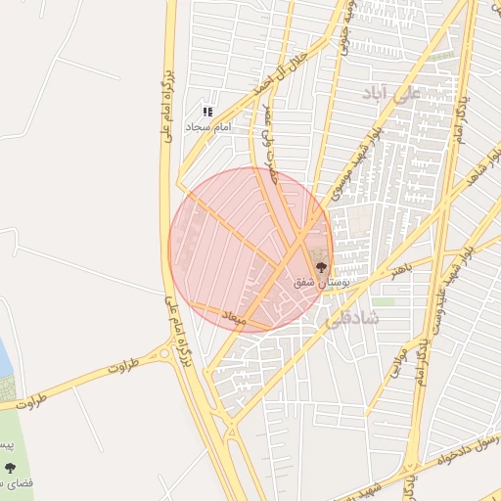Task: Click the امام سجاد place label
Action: [208, 128]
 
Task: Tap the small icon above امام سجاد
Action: [207, 113]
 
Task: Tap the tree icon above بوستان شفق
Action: [321, 266]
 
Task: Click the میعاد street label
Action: [233, 318]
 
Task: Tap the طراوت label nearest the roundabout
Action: [118, 368]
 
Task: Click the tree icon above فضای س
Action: [11, 469]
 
